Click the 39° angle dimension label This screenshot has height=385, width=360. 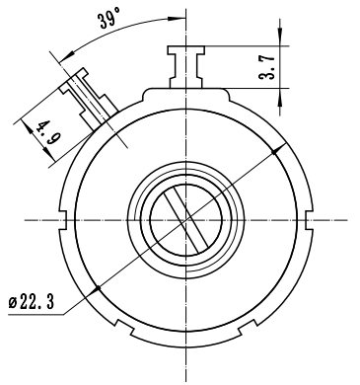click(109, 19)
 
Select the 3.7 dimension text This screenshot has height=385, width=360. click(267, 67)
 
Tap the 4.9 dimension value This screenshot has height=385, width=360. click(47, 132)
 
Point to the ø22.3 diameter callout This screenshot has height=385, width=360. click(31, 302)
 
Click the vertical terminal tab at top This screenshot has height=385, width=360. click(186, 67)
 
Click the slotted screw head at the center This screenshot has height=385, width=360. click(186, 219)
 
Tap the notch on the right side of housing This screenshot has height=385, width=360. click(309, 219)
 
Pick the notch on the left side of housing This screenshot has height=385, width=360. click(64, 219)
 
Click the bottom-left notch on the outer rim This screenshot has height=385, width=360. click(124, 327)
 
